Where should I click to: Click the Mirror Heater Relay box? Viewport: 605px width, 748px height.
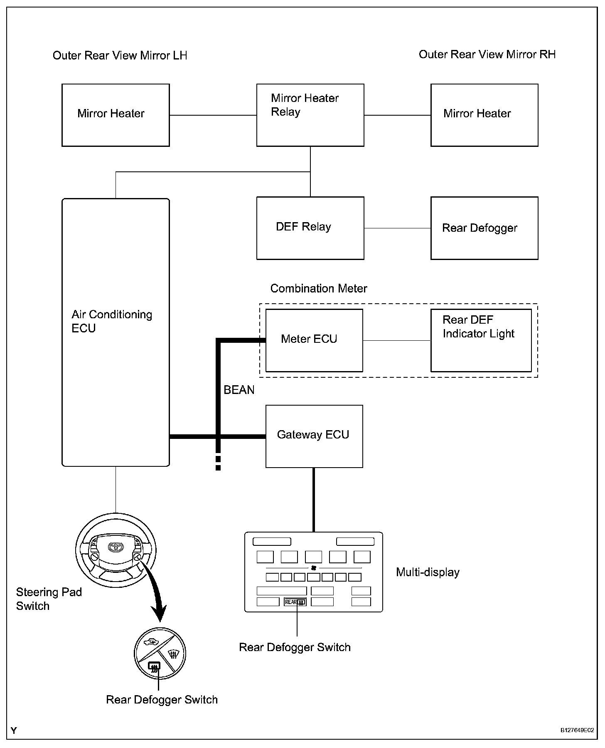310,115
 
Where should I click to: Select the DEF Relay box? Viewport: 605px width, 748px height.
310,228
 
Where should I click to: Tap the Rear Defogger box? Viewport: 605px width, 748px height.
484,228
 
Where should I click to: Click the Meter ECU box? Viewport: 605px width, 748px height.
314,340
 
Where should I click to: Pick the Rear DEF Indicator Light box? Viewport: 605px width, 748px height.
481,340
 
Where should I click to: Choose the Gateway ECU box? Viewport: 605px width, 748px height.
314,436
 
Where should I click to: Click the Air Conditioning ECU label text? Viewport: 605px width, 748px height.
112,321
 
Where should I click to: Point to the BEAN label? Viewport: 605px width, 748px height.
239,390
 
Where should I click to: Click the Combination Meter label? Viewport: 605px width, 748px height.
319,288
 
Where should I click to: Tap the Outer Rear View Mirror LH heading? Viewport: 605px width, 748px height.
120,55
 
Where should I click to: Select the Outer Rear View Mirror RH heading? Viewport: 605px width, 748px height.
487,54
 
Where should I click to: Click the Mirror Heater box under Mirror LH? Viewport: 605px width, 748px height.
116,115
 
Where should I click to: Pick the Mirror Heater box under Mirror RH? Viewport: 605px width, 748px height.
484,115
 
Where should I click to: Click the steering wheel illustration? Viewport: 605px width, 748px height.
116,550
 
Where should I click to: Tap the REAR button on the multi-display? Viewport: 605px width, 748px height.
295,602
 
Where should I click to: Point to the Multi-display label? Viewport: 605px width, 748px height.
428,572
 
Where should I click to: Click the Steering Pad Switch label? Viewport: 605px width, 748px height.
49,599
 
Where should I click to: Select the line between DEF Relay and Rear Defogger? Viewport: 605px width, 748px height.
397,228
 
